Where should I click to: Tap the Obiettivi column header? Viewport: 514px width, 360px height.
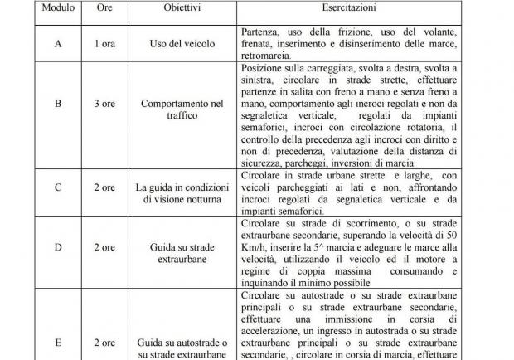click(x=180, y=9)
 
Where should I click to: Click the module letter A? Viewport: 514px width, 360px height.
click(x=58, y=45)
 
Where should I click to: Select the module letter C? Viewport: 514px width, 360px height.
click(x=58, y=187)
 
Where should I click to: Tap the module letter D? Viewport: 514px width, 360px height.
click(x=58, y=247)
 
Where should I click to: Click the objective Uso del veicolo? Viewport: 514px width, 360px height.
click(x=180, y=45)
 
